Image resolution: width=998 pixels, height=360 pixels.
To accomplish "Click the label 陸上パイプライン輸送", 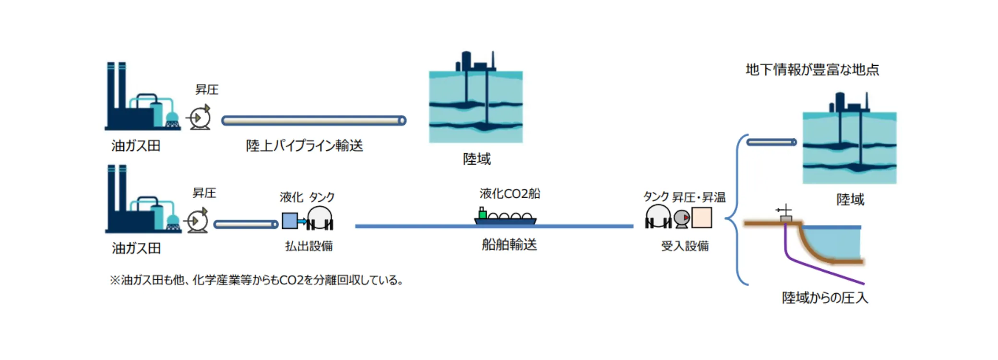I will point(304,145).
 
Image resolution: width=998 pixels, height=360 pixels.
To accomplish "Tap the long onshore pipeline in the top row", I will point(314,120).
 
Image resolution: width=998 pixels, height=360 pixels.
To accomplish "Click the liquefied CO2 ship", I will point(505,217).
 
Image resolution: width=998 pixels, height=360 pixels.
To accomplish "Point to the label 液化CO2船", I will point(510,193).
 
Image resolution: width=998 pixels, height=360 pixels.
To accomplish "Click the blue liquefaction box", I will point(289,221).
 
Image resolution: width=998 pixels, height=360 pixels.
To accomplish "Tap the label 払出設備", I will point(309,246).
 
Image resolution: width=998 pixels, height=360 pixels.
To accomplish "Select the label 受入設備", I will point(685,246).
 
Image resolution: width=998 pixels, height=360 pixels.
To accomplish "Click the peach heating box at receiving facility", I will point(701,218).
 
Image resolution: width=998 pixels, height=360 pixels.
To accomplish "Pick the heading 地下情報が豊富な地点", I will point(812,70).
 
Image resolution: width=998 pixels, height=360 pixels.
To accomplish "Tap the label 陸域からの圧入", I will point(825,298).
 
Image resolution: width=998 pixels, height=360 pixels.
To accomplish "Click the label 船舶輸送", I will point(509,245).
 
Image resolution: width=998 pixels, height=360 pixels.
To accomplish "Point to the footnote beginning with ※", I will point(257,280).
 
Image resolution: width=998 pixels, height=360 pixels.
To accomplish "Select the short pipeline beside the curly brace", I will point(772,142).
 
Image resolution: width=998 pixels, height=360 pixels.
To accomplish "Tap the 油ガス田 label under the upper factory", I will point(136,145).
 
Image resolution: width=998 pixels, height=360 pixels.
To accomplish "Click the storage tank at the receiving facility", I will point(658,217).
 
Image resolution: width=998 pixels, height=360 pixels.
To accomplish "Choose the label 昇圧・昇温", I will point(699,197).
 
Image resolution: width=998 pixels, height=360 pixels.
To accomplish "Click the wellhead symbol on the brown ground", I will point(785,215).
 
